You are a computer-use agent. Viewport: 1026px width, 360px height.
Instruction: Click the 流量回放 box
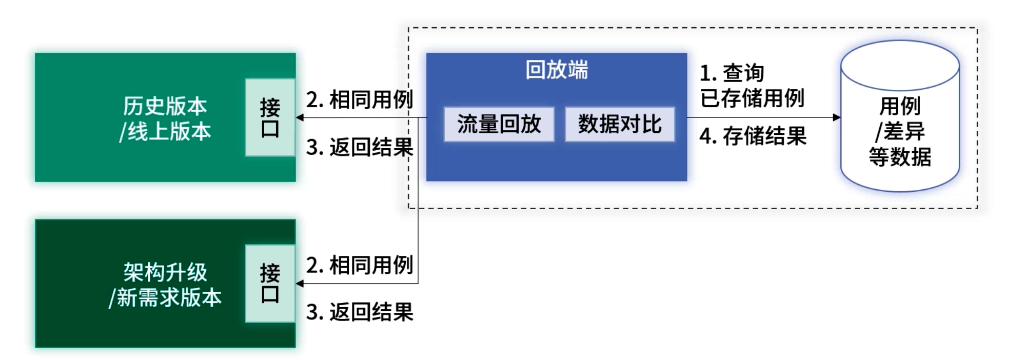click(x=499, y=124)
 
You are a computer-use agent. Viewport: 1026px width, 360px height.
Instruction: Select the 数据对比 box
click(x=620, y=124)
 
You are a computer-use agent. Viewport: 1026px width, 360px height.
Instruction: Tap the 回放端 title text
click(x=557, y=70)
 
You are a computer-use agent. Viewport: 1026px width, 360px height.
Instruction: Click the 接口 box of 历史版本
click(x=270, y=117)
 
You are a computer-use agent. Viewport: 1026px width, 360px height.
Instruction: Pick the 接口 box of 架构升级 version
click(x=270, y=284)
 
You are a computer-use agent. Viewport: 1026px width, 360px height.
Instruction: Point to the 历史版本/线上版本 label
click(x=165, y=118)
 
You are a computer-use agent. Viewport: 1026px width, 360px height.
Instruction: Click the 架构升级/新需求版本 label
click(x=165, y=285)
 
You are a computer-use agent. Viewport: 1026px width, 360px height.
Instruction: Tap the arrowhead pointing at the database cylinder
click(x=837, y=117)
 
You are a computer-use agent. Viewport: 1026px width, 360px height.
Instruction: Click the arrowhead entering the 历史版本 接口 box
click(x=300, y=117)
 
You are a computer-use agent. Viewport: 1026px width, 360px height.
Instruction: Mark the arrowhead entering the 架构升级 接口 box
click(x=300, y=284)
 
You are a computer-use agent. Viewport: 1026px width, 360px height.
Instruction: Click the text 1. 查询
click(x=732, y=73)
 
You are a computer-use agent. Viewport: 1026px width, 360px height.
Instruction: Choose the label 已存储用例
click(x=752, y=98)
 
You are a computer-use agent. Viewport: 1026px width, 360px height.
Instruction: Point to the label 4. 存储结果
click(x=753, y=136)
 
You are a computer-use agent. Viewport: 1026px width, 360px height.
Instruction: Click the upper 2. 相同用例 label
click(x=359, y=99)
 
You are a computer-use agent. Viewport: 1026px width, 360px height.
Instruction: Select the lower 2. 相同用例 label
click(x=359, y=265)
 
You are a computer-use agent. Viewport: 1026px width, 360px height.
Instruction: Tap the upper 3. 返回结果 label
click(x=359, y=147)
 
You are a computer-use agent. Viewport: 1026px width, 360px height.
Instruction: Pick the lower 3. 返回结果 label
click(x=359, y=312)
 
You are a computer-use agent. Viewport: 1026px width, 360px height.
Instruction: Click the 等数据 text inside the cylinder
click(x=900, y=156)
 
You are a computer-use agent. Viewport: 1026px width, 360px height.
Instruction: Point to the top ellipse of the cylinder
click(x=900, y=66)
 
